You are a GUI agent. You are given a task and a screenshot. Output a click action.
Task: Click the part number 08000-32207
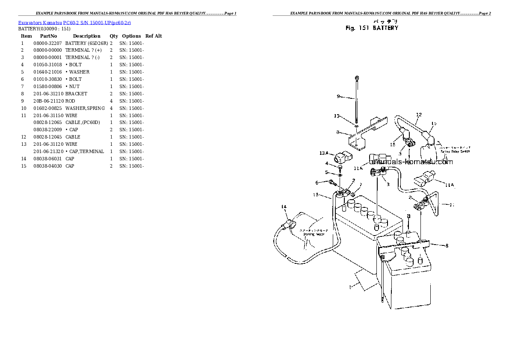coord(47,43)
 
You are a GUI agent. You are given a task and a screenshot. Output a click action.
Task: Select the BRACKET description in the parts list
coord(76,94)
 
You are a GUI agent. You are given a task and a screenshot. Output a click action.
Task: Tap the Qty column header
coord(114,36)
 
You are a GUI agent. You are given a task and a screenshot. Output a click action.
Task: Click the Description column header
coord(86,36)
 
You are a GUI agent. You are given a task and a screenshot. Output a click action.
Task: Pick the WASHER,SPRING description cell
coord(85,108)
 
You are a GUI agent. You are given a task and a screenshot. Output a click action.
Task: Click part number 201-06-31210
coord(48,94)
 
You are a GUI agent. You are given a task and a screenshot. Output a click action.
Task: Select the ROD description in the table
coord(71,101)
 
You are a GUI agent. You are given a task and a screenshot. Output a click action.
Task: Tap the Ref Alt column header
coord(154,36)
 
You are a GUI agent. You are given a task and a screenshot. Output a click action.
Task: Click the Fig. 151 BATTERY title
coord(372,28)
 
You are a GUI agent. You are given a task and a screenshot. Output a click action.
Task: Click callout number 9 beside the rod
coord(338,97)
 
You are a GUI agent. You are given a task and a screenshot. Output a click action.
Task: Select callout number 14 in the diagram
coord(283,207)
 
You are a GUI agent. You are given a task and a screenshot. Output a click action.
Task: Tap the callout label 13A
coord(324,153)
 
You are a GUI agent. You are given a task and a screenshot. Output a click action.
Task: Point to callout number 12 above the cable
coord(419,115)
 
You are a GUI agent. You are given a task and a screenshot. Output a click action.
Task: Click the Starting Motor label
coord(314,234)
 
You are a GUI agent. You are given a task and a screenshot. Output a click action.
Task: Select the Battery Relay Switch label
coord(455,151)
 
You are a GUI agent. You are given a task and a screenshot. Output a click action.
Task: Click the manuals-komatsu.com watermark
coord(411,162)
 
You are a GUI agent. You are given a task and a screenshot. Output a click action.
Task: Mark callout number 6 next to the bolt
coord(317,183)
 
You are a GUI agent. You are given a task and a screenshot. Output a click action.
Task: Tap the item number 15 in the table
coord(24,166)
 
